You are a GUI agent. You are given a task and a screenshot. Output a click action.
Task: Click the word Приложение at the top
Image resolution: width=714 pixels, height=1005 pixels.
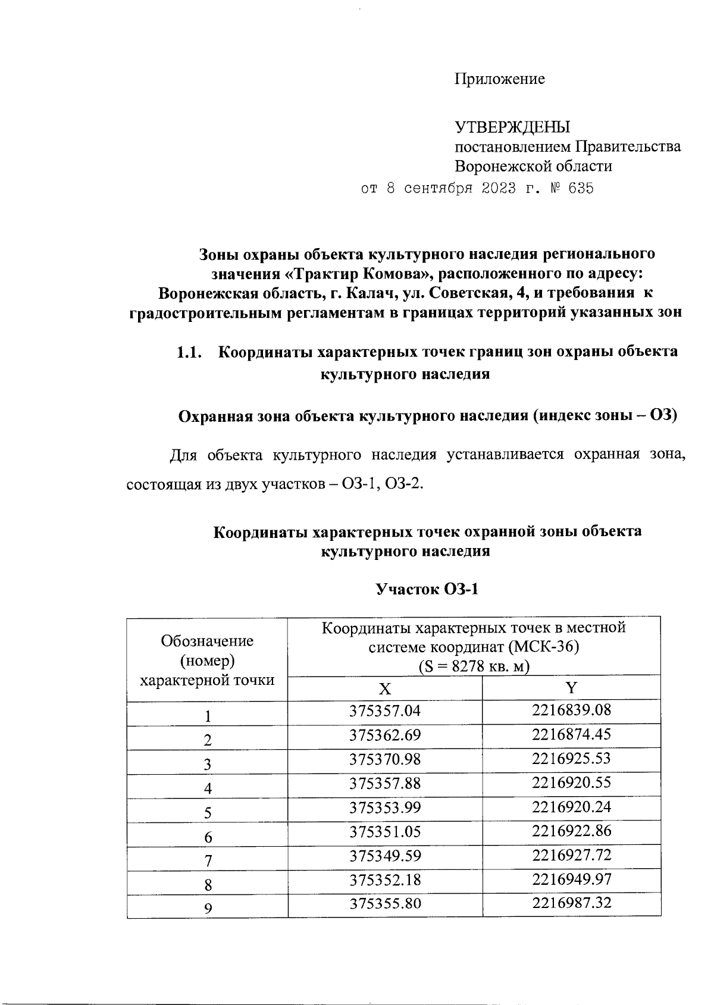point(500,79)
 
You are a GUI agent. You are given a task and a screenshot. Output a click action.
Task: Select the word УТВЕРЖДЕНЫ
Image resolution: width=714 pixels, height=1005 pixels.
point(512,127)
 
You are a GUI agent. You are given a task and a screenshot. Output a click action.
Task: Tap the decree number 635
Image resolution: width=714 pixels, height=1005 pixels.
point(581,189)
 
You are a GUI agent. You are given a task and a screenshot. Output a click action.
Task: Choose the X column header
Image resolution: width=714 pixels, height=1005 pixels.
point(385,688)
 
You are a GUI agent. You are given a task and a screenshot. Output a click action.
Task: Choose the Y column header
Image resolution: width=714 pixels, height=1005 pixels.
point(571,688)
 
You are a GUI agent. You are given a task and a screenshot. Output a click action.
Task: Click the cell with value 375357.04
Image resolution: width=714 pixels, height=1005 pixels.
point(385,710)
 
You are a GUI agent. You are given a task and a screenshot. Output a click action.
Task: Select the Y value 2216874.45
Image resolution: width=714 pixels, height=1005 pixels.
point(571,734)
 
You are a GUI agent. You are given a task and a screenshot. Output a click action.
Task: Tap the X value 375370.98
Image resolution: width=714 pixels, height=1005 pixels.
point(385,759)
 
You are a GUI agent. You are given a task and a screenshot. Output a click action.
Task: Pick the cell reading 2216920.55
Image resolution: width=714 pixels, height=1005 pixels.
point(571,782)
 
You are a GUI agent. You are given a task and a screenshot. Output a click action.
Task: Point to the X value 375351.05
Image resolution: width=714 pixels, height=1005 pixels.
point(385,831)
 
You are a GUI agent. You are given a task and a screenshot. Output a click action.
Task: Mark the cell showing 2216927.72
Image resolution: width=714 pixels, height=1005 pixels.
point(571,855)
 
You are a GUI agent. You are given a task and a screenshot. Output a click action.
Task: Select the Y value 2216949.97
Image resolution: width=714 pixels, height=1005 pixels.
point(571,879)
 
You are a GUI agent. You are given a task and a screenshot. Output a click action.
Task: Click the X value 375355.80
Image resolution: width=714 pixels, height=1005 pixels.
point(385,903)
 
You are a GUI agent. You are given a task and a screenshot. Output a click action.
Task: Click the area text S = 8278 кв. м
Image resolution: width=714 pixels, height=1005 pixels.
point(474,666)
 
